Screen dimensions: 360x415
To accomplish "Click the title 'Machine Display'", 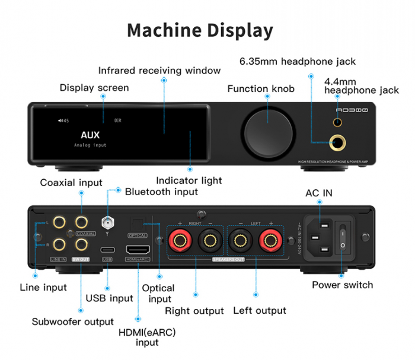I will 200,30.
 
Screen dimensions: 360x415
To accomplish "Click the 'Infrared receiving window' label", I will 159,71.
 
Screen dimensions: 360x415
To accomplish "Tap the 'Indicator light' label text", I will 189,180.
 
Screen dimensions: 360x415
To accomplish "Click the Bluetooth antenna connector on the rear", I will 108,224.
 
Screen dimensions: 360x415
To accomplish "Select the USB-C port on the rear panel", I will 107,249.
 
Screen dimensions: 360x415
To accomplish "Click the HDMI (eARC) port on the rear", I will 138,250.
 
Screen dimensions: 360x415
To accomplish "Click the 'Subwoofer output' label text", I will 72,321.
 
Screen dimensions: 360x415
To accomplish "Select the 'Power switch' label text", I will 343,285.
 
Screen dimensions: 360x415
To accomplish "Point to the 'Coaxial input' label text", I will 71,183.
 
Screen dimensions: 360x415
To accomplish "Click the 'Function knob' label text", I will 261,89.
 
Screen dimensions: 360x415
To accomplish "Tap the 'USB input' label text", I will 110,298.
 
